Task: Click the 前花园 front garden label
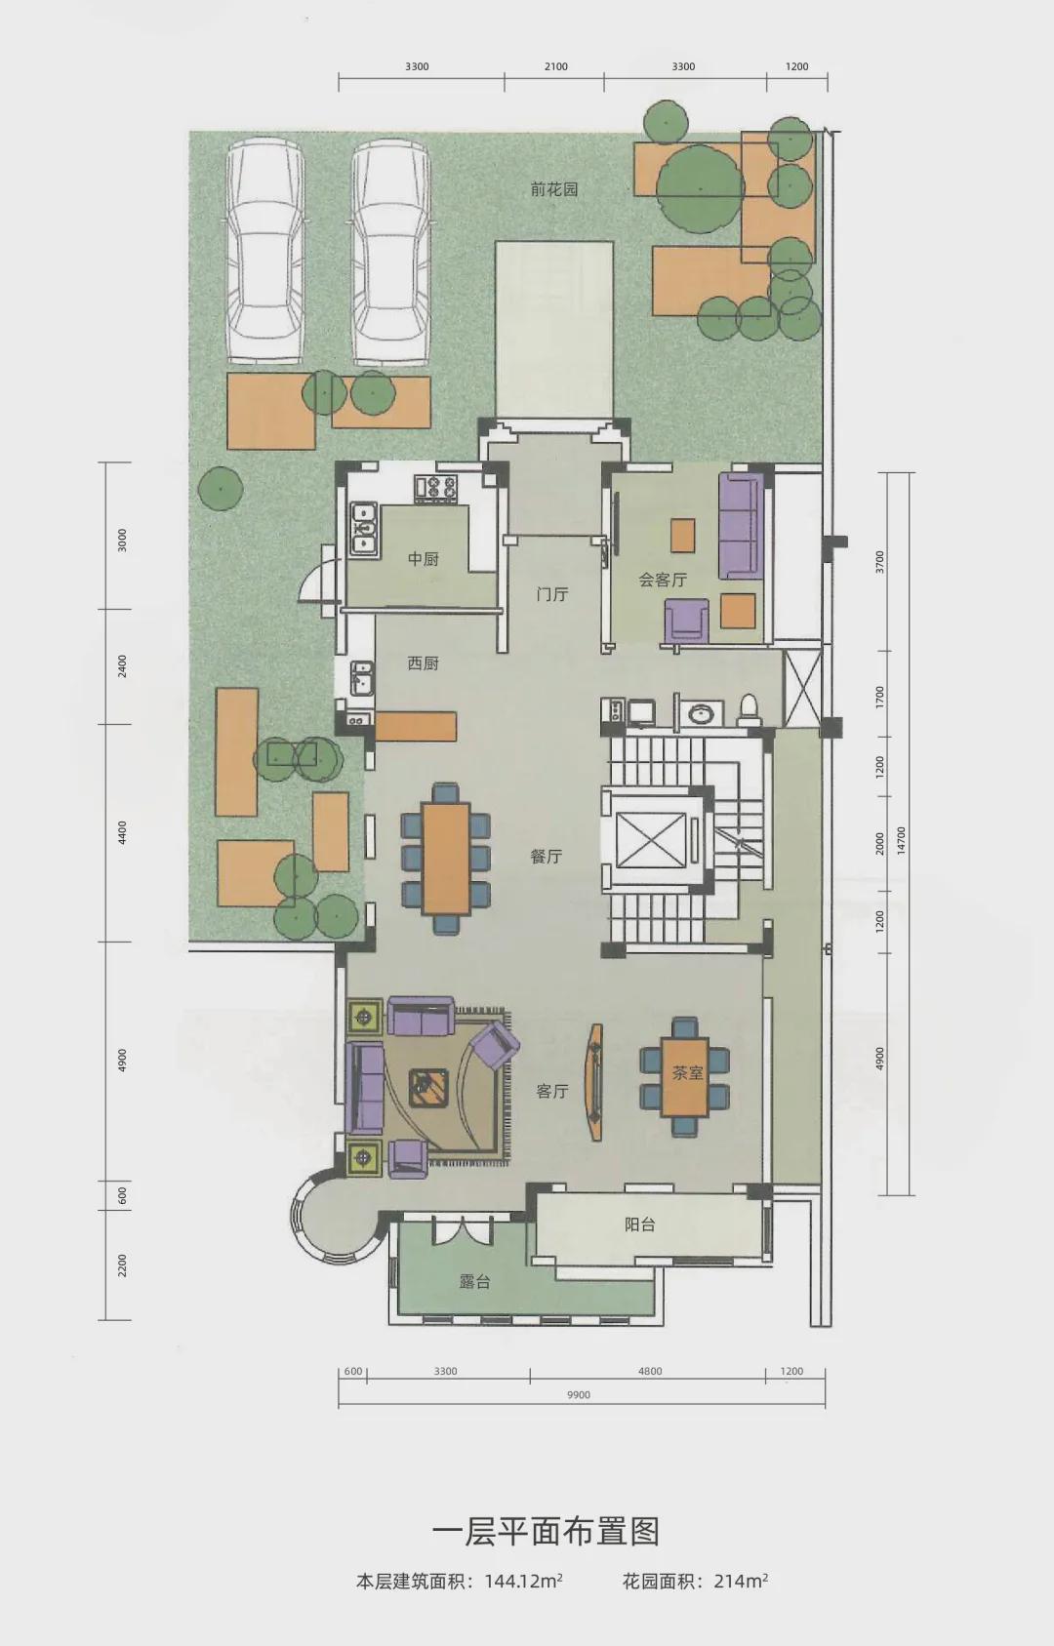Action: [554, 189]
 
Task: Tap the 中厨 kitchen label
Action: [424, 559]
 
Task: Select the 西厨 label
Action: [423, 663]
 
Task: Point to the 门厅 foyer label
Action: [552, 594]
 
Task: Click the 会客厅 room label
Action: [663, 580]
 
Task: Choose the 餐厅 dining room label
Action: [547, 856]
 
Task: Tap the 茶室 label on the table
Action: [687, 1072]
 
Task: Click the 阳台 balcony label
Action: [639, 1224]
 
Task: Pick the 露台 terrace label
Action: [475, 1281]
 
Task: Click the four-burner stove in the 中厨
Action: [436, 486]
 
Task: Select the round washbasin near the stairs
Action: [700, 712]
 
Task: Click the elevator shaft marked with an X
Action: [651, 840]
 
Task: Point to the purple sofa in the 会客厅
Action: [741, 526]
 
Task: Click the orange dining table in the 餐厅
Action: [445, 859]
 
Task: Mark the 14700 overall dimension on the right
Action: [902, 839]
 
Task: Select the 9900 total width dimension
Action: [579, 1394]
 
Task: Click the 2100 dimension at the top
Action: [555, 66]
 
